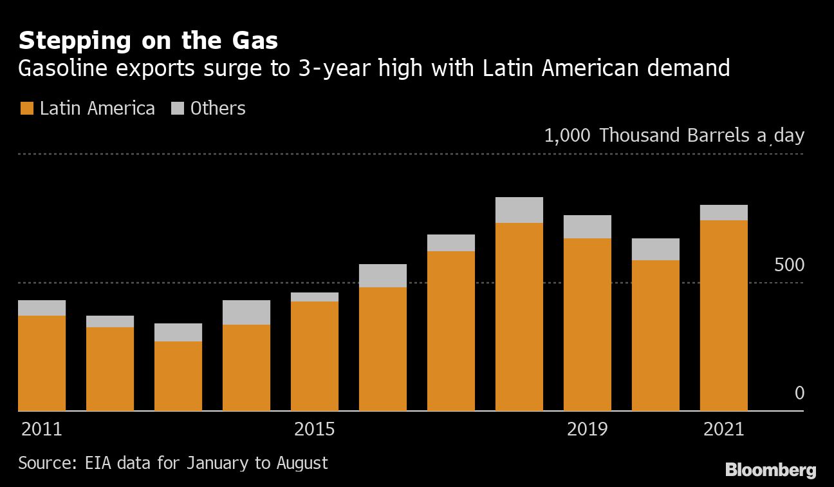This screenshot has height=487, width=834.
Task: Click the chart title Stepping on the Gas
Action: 148,41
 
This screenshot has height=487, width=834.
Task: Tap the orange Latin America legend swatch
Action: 26,108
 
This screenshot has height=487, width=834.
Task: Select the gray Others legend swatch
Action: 178,108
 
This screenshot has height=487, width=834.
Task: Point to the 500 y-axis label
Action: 788,265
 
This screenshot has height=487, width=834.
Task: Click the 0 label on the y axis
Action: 799,393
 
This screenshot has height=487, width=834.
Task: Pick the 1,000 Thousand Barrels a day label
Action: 674,136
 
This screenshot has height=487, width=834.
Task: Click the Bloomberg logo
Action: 770,470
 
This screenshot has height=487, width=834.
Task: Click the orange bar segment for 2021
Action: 723,316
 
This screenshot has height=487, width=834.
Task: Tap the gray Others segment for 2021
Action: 723,213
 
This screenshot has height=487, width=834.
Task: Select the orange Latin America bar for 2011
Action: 42,363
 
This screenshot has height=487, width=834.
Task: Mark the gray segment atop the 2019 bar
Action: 587,227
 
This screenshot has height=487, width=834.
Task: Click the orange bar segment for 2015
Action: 314,356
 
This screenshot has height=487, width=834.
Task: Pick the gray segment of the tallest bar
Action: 519,210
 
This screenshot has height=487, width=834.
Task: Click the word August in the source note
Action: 302,463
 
